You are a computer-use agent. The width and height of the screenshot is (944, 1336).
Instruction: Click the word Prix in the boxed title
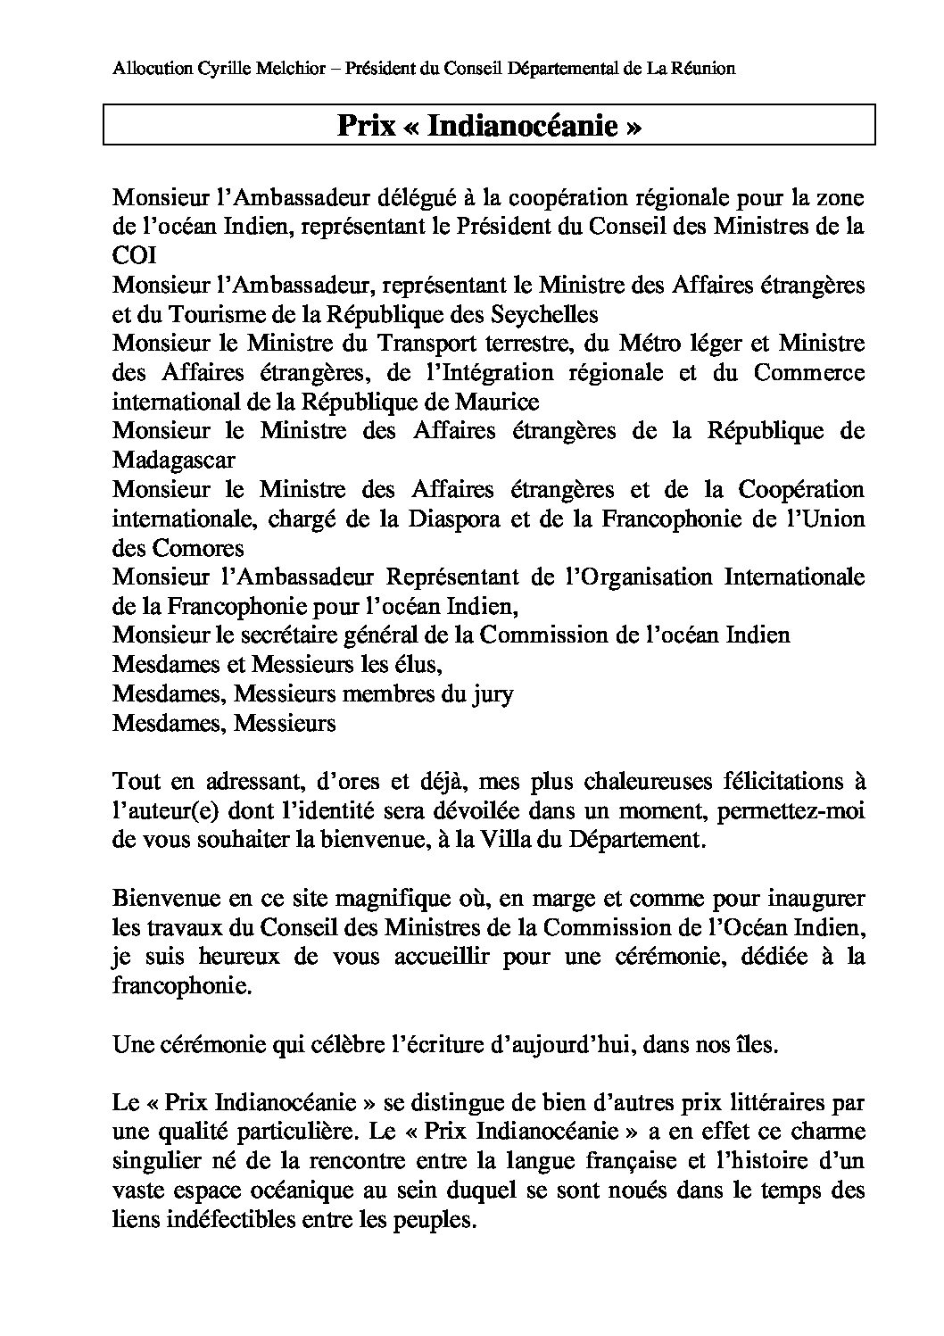[x=366, y=126]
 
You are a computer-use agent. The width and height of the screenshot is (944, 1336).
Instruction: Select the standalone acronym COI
[x=135, y=255]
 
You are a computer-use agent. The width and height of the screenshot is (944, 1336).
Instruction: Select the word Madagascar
[x=174, y=460]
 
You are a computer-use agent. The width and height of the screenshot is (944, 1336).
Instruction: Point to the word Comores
[x=195, y=547]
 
